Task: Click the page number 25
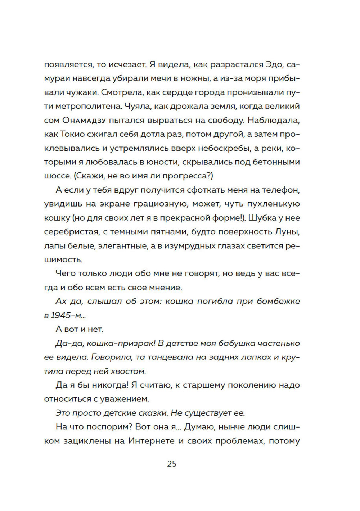click(x=172, y=464)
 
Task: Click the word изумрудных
click(x=179, y=246)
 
